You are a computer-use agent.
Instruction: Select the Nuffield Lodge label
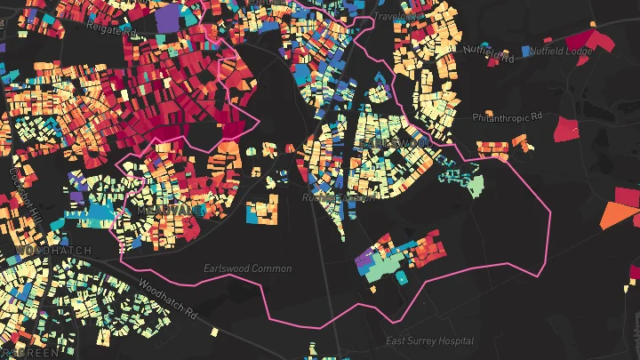pos(561,51)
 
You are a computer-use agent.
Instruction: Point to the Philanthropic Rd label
pos(506,117)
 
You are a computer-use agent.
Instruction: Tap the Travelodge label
pos(396,16)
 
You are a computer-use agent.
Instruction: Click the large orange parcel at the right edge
pos(619,213)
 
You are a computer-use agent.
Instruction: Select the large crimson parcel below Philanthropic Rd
pos(565,130)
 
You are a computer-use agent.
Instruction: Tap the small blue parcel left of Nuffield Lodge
pos(526,51)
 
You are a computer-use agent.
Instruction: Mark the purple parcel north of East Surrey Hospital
pos(364,260)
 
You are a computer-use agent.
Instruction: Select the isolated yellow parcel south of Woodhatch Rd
pos(215,331)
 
